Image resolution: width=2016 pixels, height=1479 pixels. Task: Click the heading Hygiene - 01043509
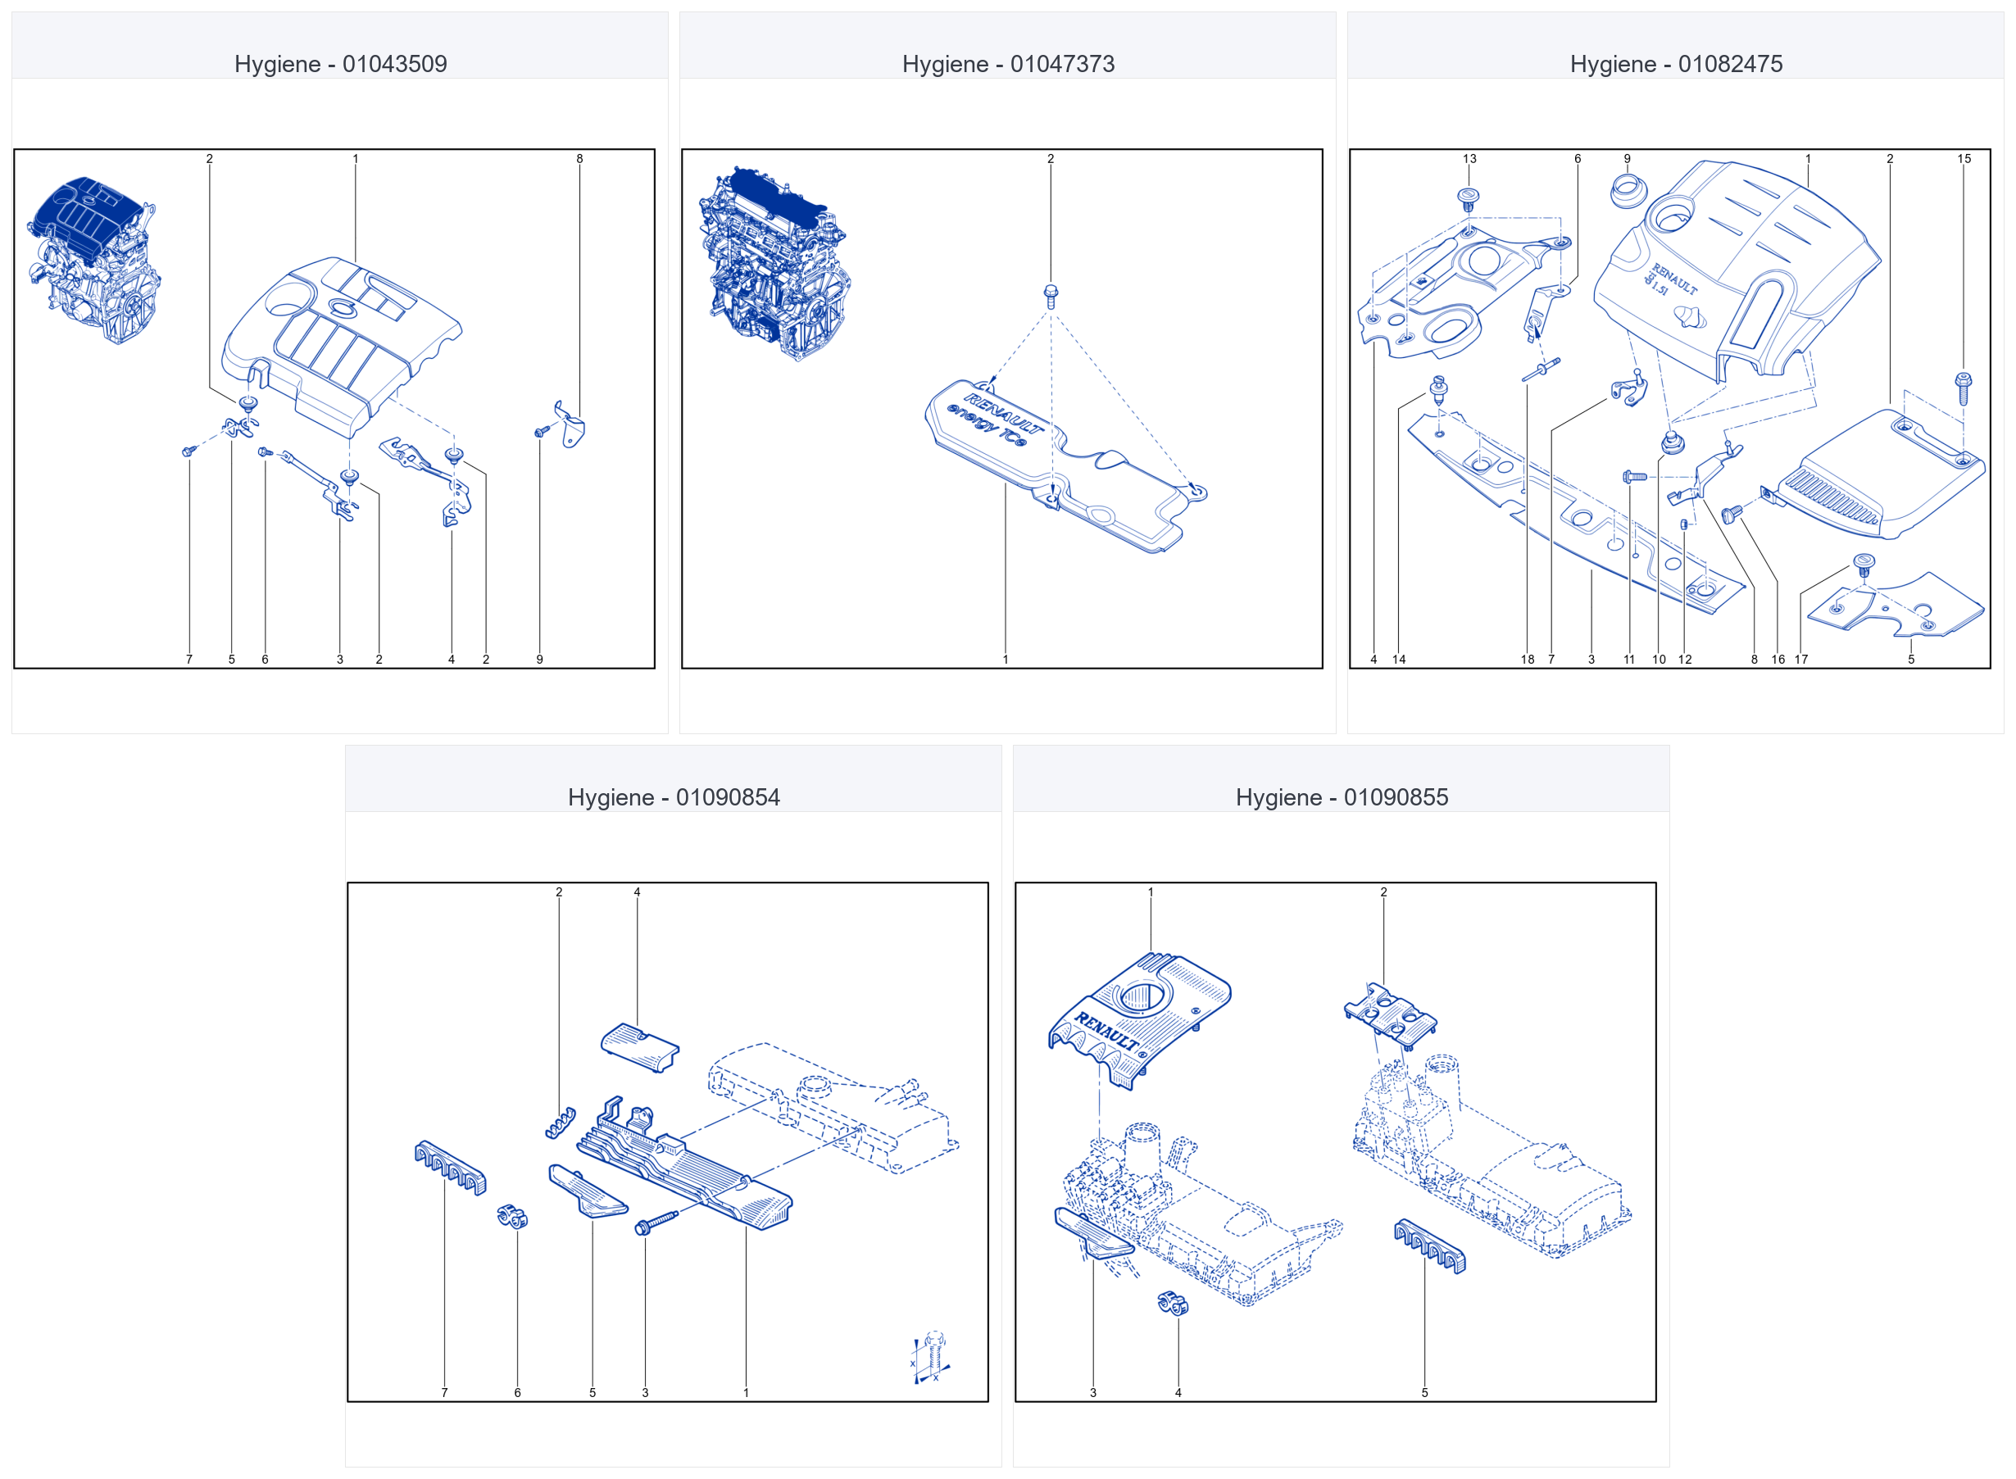tap(340, 64)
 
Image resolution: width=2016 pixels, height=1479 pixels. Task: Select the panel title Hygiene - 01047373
tap(1008, 64)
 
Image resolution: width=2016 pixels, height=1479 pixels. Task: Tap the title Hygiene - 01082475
tap(1676, 64)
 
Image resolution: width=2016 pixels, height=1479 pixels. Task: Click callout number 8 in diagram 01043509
tap(579, 158)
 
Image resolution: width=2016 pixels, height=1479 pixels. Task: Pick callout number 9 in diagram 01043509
tap(540, 659)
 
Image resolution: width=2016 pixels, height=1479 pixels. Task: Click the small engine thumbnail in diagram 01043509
tap(94, 260)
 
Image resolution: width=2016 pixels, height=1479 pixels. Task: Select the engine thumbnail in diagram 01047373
tap(774, 263)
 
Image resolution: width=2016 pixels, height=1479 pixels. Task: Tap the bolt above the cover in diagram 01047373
tap(1051, 296)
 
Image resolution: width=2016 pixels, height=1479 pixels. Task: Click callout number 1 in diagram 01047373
tap(1006, 659)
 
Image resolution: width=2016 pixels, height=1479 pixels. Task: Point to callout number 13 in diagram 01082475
tap(1469, 158)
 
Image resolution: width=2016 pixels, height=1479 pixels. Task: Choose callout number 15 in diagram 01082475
tap(1964, 158)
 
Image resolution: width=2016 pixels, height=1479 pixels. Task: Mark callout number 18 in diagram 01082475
tap(1528, 659)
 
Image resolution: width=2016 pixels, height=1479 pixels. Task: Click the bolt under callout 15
tap(1964, 388)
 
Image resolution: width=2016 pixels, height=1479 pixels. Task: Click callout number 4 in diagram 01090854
tap(638, 891)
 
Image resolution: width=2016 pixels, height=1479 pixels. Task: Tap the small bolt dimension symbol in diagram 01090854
tap(930, 1357)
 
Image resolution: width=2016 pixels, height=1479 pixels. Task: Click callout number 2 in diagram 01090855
tap(1383, 891)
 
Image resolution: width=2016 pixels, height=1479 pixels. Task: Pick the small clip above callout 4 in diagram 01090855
tap(1172, 1303)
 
